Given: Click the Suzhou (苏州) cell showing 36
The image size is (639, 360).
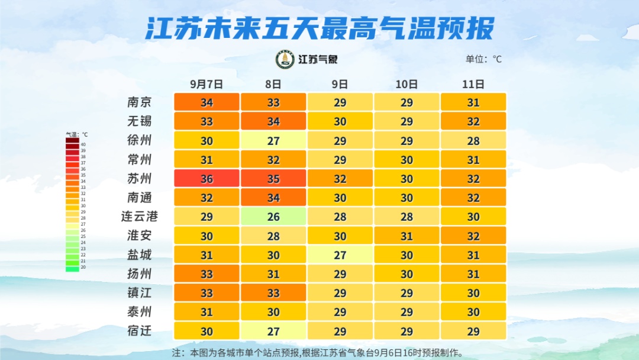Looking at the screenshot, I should (x=206, y=178).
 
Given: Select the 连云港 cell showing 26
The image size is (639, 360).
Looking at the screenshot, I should (x=273, y=217).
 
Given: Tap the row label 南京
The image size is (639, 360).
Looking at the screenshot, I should (x=140, y=102).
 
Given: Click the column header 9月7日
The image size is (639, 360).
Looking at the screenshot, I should (x=206, y=84).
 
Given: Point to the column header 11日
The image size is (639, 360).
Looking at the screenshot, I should (x=473, y=84).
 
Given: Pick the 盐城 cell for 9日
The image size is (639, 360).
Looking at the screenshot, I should (x=340, y=255).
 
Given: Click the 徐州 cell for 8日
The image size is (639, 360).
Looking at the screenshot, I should (x=273, y=140).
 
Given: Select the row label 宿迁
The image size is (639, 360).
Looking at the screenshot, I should (x=140, y=331).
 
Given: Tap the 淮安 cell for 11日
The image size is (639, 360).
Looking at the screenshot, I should (x=473, y=236).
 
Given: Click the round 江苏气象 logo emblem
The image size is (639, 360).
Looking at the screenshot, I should (x=285, y=59).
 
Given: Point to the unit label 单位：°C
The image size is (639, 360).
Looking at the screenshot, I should (x=483, y=59).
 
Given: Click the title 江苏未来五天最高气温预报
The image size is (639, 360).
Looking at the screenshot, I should (x=319, y=28).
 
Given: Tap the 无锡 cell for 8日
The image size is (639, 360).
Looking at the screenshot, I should (x=273, y=121).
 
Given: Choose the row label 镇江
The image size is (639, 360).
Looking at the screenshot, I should (x=140, y=292).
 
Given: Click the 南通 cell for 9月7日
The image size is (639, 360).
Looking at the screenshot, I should (x=206, y=197).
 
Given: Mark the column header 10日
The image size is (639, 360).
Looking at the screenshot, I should (x=406, y=84).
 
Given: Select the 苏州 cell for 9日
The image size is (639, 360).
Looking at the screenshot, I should (x=340, y=178).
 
